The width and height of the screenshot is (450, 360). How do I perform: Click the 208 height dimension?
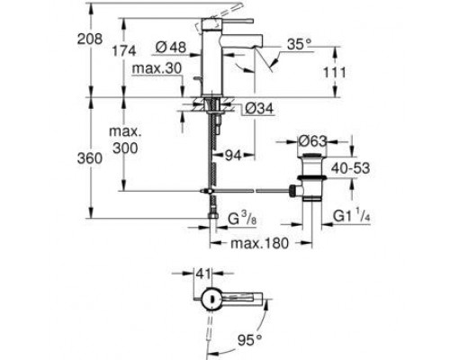click(x=90, y=39)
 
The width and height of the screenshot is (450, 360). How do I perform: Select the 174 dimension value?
click(x=124, y=51)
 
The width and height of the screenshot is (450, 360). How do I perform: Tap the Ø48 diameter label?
click(x=171, y=47)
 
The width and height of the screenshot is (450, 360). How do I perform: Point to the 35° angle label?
click(x=299, y=44)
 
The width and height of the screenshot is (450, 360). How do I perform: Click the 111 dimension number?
click(x=335, y=73)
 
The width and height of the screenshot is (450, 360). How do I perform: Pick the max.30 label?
click(x=157, y=68)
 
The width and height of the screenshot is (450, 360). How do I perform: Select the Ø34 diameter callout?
click(x=259, y=108)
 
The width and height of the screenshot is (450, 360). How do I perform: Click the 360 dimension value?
click(x=90, y=158)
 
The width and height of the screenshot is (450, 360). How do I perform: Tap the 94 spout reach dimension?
click(x=233, y=155)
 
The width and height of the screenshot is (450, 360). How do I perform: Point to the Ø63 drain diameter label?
click(x=312, y=141)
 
